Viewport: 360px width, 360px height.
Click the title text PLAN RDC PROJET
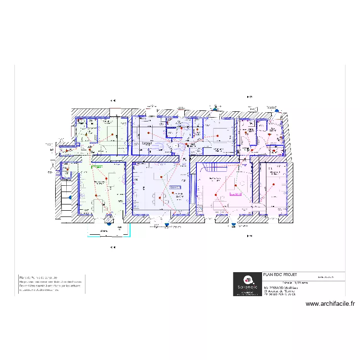point(276,275)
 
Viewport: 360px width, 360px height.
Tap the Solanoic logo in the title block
point(248,284)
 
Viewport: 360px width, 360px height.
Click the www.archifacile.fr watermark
point(330,303)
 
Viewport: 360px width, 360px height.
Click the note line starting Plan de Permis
point(38,277)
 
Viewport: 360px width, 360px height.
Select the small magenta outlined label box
point(236,194)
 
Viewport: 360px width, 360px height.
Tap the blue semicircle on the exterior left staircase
point(71,197)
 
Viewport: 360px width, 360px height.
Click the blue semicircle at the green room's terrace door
point(109,223)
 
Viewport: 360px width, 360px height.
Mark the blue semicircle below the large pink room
point(233,223)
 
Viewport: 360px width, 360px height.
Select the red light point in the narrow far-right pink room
point(274,188)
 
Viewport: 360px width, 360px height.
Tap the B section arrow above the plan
point(249,97)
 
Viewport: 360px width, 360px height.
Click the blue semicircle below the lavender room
point(167,223)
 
